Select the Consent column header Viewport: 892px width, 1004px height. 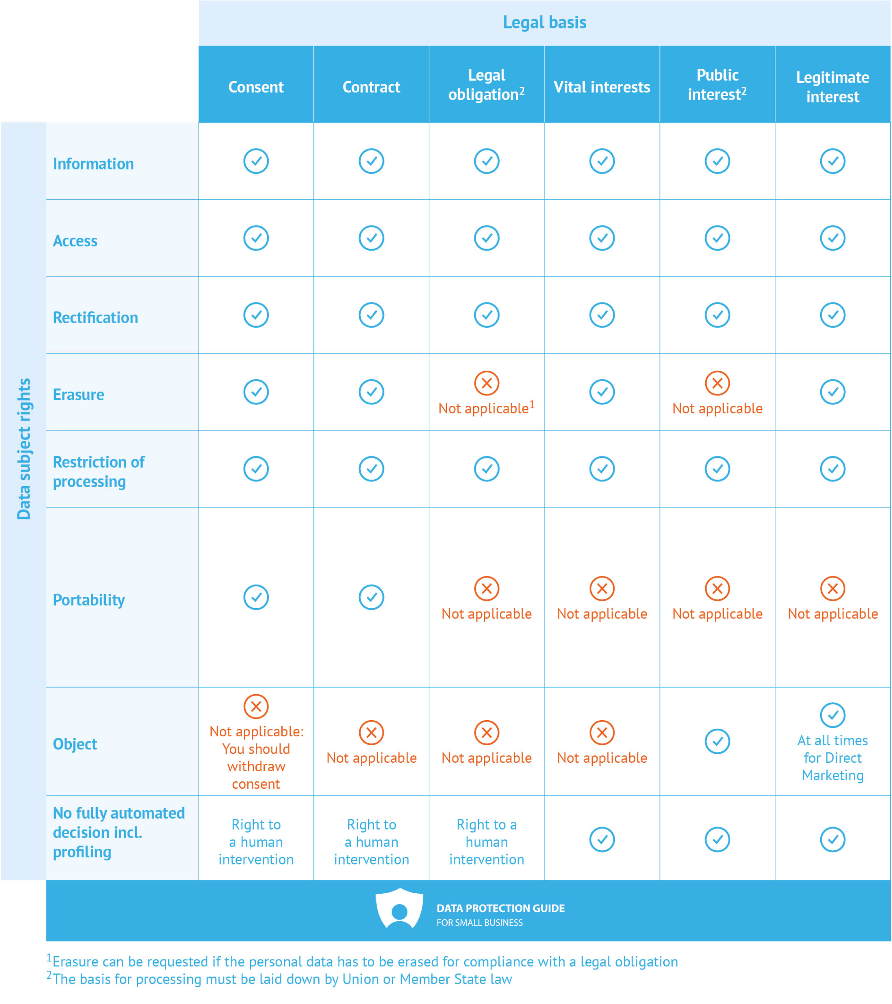point(256,87)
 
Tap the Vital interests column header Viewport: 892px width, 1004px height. point(602,87)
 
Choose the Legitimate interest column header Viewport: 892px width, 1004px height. point(832,87)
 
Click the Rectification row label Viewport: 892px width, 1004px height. point(95,318)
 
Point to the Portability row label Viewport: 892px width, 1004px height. point(89,600)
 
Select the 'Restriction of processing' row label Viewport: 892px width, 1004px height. point(99,472)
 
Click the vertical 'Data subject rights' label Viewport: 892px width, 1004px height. point(24,448)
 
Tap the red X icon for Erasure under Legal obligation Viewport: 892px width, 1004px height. point(486,383)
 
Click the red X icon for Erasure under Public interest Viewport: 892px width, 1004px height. point(717,383)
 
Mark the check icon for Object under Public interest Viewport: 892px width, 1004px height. point(717,741)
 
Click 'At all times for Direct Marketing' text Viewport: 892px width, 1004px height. point(832,758)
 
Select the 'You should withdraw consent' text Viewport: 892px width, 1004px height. point(256,766)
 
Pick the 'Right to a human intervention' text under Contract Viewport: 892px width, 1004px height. point(371,842)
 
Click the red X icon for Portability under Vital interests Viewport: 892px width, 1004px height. point(602,588)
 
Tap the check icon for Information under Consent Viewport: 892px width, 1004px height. point(256,161)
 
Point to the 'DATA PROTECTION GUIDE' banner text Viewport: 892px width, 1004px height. point(500,908)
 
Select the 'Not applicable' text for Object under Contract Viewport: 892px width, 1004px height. point(371,758)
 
